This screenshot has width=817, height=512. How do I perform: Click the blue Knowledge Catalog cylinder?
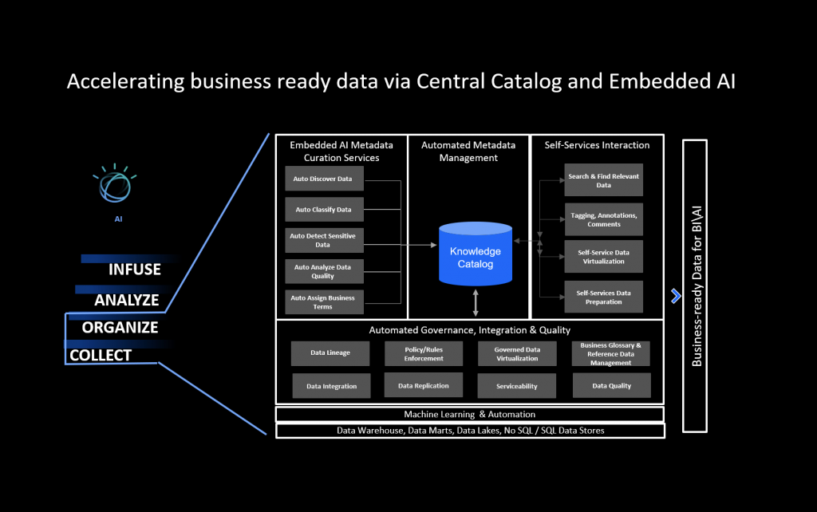coord(476,254)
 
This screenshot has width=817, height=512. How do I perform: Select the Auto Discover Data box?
coord(324,179)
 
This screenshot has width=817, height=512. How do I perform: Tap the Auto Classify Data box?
coord(324,210)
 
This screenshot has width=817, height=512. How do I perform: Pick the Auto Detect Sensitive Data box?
coord(324,240)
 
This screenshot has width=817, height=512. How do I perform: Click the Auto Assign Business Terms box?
coord(324,302)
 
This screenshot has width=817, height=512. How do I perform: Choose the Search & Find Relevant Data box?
coord(603,180)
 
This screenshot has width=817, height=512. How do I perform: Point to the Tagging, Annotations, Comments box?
coord(603,219)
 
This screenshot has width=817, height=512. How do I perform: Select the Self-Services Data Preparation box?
coord(603,297)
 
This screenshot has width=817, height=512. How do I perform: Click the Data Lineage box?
coord(330,353)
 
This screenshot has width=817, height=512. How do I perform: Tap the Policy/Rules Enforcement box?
coord(424,353)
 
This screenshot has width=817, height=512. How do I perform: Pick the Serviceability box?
coord(517,386)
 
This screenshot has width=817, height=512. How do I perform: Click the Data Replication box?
coord(424,385)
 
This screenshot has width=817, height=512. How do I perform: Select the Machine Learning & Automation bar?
coord(469,414)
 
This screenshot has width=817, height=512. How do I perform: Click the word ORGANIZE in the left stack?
coord(120,328)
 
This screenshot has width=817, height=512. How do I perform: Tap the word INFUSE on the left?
coord(134,270)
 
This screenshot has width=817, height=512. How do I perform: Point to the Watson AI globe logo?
coord(115,184)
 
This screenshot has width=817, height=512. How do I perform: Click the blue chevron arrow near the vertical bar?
coord(676,296)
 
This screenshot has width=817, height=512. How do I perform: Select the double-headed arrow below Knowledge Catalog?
coord(476,302)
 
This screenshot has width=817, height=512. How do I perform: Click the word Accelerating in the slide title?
coord(125,82)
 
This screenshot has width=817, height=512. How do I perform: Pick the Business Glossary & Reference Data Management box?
coord(610,353)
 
